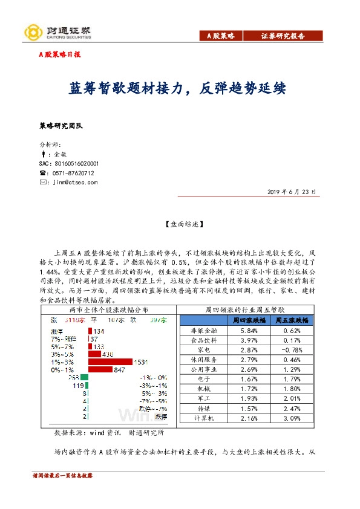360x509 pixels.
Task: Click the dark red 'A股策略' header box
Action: coord(220,36)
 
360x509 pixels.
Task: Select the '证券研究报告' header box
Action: coord(283,36)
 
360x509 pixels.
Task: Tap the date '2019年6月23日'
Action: coord(292,192)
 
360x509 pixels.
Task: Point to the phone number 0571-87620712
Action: coord(71,173)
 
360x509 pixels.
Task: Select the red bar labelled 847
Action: coord(100,369)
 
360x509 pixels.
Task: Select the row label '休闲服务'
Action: coord(201,360)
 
